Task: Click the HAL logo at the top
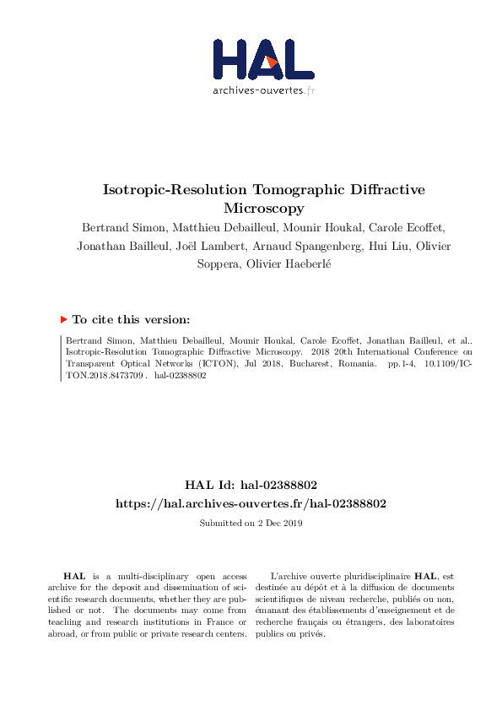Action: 262,58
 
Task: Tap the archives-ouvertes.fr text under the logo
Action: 262,90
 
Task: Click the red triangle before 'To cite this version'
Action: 63,320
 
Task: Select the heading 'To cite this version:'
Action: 131,320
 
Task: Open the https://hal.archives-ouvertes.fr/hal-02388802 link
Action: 251,503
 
